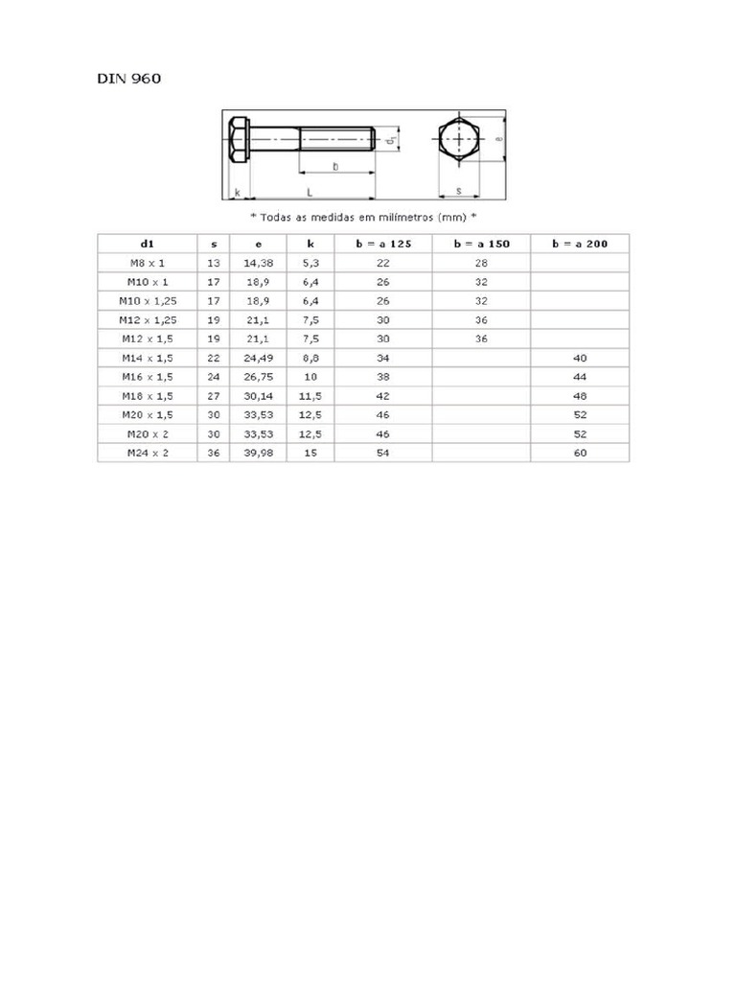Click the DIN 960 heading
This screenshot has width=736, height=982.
(128, 79)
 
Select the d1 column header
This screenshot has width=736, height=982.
(147, 244)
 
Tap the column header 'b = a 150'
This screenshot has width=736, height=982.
(481, 244)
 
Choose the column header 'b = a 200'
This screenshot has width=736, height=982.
(580, 244)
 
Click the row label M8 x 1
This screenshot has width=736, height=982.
(147, 262)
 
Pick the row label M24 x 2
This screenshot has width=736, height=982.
(147, 453)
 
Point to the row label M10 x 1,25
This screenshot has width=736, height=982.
(147, 300)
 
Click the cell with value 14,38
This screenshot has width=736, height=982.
(258, 262)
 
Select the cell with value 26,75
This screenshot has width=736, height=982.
(258, 376)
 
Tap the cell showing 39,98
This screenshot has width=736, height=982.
(258, 453)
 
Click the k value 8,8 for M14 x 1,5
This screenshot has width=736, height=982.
(310, 357)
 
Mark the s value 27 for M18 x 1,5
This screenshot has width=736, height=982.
(213, 395)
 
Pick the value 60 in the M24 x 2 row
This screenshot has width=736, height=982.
(580, 453)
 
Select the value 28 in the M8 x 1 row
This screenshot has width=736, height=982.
(481, 262)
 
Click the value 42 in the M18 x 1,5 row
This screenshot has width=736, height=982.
(382, 395)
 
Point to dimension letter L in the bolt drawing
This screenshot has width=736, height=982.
(310, 193)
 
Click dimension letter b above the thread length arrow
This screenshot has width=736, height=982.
(334, 167)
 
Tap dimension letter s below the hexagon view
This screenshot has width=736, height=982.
(459, 191)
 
